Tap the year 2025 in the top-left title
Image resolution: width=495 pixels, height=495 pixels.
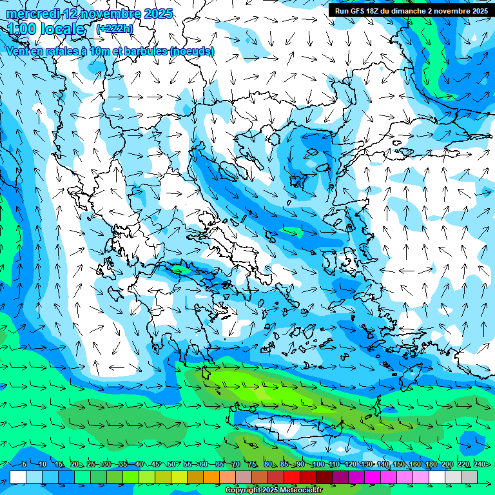pos(157,14)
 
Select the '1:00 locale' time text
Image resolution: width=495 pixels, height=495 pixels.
pos(46,29)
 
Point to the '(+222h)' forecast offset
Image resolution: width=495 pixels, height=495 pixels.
pos(115,28)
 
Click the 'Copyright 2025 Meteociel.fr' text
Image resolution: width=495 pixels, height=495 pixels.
pos(275,490)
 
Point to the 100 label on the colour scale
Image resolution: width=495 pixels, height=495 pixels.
pos(317,464)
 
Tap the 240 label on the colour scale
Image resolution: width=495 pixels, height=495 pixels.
pos(480,464)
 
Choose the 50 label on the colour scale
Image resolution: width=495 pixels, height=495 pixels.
pos(171,464)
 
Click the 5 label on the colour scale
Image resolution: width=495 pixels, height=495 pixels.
pos(24,464)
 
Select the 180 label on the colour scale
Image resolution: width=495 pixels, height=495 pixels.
pos(431,464)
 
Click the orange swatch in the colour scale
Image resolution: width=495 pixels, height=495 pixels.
pos(211,476)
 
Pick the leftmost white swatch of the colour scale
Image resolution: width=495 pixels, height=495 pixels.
pos(18,476)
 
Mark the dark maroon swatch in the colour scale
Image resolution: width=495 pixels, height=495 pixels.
pos(325,476)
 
